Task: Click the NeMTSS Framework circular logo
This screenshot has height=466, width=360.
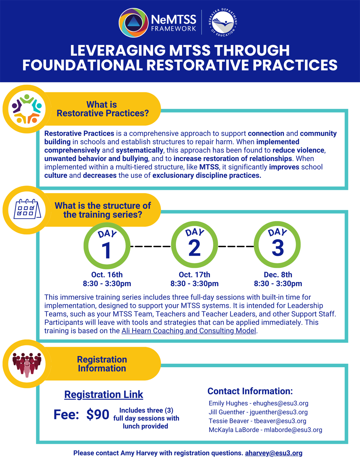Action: [133, 22]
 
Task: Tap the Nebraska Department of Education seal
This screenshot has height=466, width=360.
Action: [223, 22]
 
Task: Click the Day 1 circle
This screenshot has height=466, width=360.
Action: [107, 246]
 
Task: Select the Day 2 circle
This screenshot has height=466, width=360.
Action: [194, 245]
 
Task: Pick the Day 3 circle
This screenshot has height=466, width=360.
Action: [277, 245]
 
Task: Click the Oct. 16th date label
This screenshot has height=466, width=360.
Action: [107, 275]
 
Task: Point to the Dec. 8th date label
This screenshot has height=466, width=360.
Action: [278, 275]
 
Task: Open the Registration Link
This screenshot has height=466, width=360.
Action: [104, 394]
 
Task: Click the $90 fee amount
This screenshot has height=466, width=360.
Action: [98, 414]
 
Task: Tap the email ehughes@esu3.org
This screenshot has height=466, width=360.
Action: [280, 403]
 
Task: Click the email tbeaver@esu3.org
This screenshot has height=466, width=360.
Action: [280, 421]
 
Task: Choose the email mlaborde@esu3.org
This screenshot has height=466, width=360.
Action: [293, 430]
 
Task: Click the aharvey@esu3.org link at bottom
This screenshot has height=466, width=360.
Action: [273, 453]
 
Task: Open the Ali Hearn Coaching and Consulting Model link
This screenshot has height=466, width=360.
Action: [189, 331]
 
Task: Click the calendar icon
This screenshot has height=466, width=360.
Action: [27, 210]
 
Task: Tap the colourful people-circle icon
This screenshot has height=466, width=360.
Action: [27, 109]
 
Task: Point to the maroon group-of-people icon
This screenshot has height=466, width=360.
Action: [27, 364]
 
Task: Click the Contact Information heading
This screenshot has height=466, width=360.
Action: [250, 391]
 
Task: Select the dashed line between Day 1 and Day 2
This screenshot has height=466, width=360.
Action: [151, 246]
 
